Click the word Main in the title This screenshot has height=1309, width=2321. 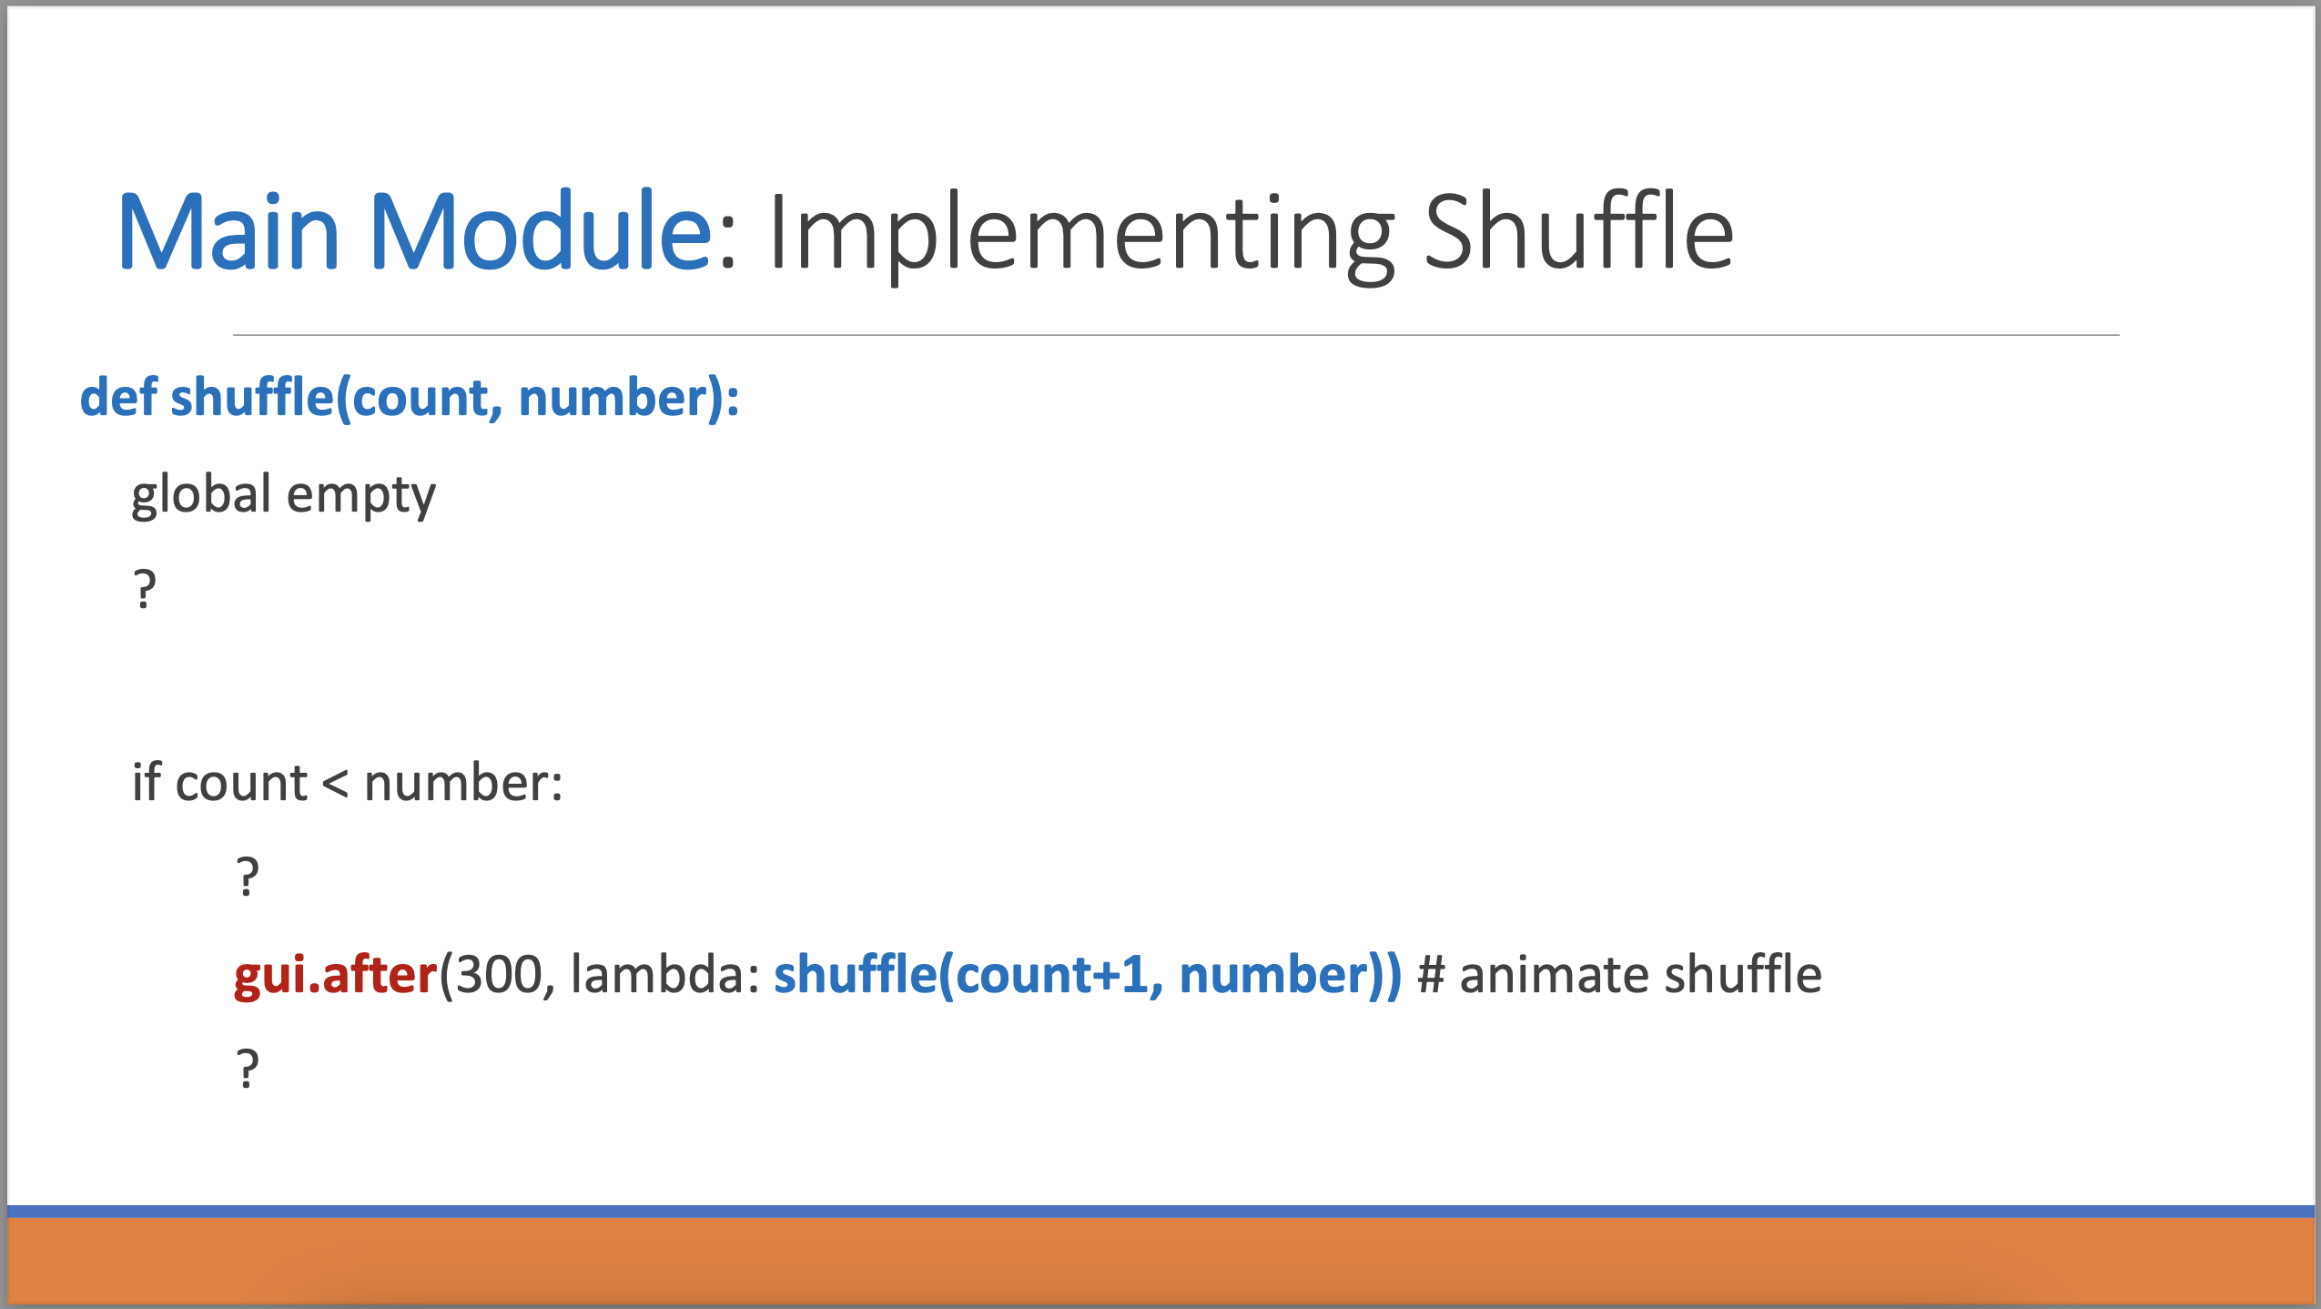pos(228,232)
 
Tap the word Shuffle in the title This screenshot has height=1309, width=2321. pos(1578,232)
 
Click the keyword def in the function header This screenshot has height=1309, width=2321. pos(118,398)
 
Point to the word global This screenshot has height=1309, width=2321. pos(201,494)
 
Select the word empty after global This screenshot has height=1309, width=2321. pos(361,496)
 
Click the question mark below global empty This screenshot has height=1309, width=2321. pos(145,589)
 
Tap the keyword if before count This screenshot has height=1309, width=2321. pos(147,782)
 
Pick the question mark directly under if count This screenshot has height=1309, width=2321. pos(248,878)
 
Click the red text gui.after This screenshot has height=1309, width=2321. pos(335,976)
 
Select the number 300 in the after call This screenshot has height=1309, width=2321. pos(498,975)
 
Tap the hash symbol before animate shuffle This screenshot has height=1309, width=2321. pos(1431,975)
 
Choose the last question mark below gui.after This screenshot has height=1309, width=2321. pos(248,1069)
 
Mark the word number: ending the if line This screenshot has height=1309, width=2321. pos(462,783)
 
